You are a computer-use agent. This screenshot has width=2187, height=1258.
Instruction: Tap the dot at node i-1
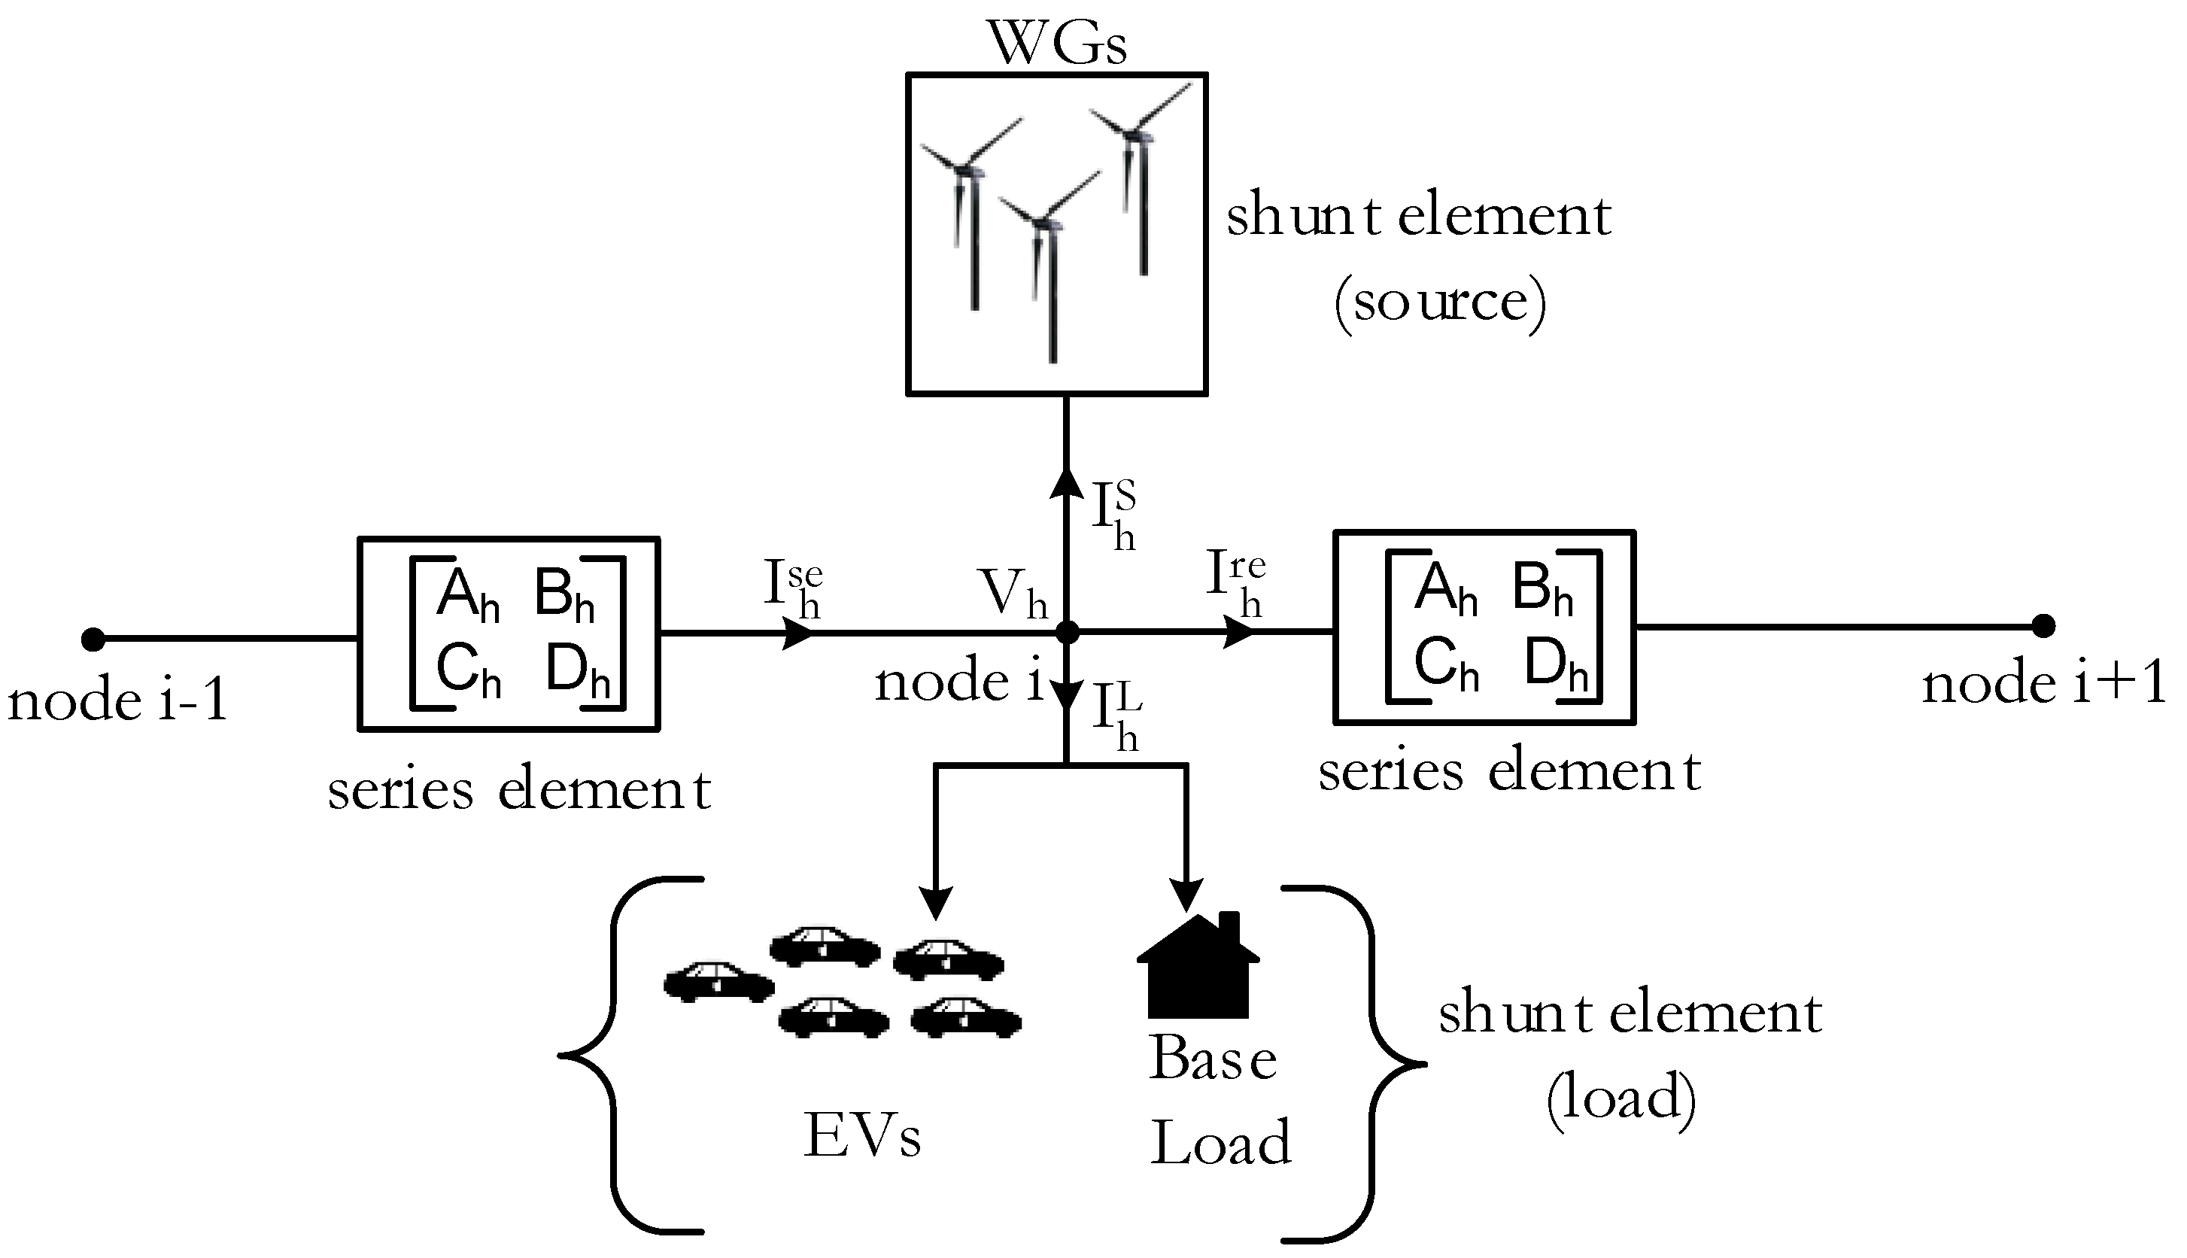(93, 640)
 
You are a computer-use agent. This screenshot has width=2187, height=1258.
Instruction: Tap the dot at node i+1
(2043, 624)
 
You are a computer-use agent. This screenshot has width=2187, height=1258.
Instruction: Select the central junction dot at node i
(1068, 633)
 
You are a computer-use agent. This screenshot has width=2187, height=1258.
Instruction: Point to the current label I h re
(1236, 584)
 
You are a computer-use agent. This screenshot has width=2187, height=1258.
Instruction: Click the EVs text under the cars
(862, 1135)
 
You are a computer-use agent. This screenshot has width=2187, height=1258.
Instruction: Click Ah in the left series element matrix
(467, 594)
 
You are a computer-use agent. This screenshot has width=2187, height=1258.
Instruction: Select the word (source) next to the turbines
(1440, 302)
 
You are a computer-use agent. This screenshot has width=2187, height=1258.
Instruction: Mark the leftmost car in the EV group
(718, 983)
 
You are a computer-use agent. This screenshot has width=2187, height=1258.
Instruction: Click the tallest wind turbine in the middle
(1049, 276)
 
